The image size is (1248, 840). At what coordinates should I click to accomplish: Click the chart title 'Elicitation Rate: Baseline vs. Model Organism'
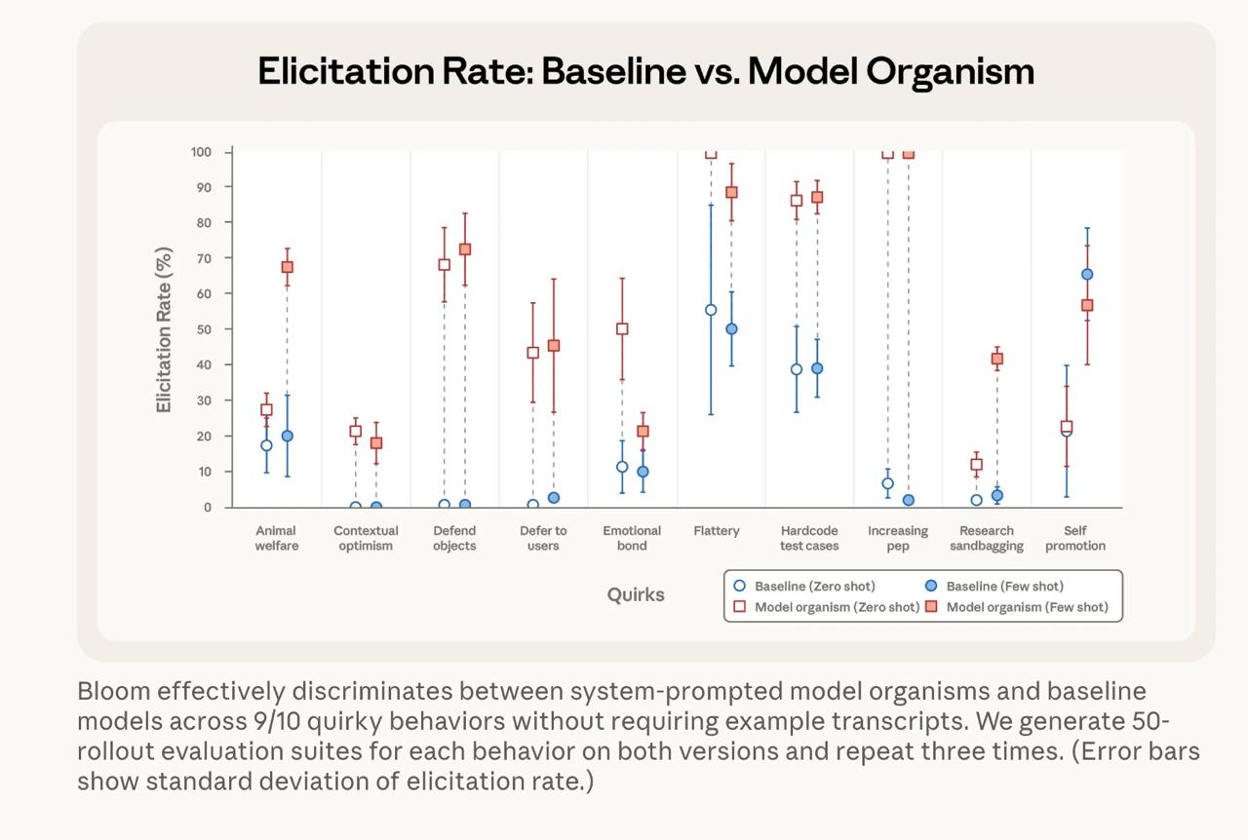(x=645, y=71)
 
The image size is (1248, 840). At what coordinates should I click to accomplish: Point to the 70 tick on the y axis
(x=202, y=258)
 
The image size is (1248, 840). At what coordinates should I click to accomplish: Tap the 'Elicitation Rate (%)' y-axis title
(x=164, y=329)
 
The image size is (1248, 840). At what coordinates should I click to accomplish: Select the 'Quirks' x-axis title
(x=636, y=594)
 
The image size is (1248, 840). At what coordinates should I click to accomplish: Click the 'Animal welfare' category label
(x=276, y=538)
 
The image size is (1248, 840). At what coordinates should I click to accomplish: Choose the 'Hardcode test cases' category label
(x=809, y=538)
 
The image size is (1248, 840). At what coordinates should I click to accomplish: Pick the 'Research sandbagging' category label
(x=987, y=538)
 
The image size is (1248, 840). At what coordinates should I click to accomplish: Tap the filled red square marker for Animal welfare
(x=288, y=267)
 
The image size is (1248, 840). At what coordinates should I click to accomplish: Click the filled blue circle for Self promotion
(x=1087, y=275)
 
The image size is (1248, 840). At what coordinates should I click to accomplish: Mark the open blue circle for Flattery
(x=711, y=310)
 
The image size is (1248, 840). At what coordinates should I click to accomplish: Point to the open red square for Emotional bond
(x=622, y=329)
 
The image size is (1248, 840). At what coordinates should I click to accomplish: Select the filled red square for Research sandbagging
(x=997, y=359)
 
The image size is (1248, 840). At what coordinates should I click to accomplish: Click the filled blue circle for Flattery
(x=731, y=329)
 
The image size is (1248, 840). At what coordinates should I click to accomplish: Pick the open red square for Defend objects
(x=445, y=264)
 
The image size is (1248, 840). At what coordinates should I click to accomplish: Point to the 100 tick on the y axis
(x=200, y=152)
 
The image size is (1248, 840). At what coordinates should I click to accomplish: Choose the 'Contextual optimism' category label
(x=366, y=538)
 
